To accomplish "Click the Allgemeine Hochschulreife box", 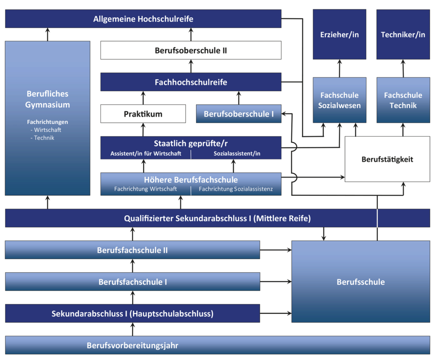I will (143, 19).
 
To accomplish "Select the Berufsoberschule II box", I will (191, 50).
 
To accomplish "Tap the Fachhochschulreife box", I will (191, 82).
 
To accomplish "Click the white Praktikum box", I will (143, 114).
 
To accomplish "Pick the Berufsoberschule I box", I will (238, 114).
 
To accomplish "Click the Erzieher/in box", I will (339, 34).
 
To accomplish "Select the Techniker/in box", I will (403, 34).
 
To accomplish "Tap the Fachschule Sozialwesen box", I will (339, 100).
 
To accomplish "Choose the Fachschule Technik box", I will (403, 100).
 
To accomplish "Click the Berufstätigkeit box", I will (387, 159).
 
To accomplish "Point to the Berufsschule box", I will (360, 282).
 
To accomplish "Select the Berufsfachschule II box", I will (132, 250).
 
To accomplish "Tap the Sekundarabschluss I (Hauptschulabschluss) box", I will (132, 313).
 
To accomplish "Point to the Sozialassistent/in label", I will (237, 154).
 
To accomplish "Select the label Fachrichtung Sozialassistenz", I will (236, 189).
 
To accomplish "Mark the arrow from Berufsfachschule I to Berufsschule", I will (276, 282).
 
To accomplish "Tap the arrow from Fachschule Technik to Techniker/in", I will (404, 69).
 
